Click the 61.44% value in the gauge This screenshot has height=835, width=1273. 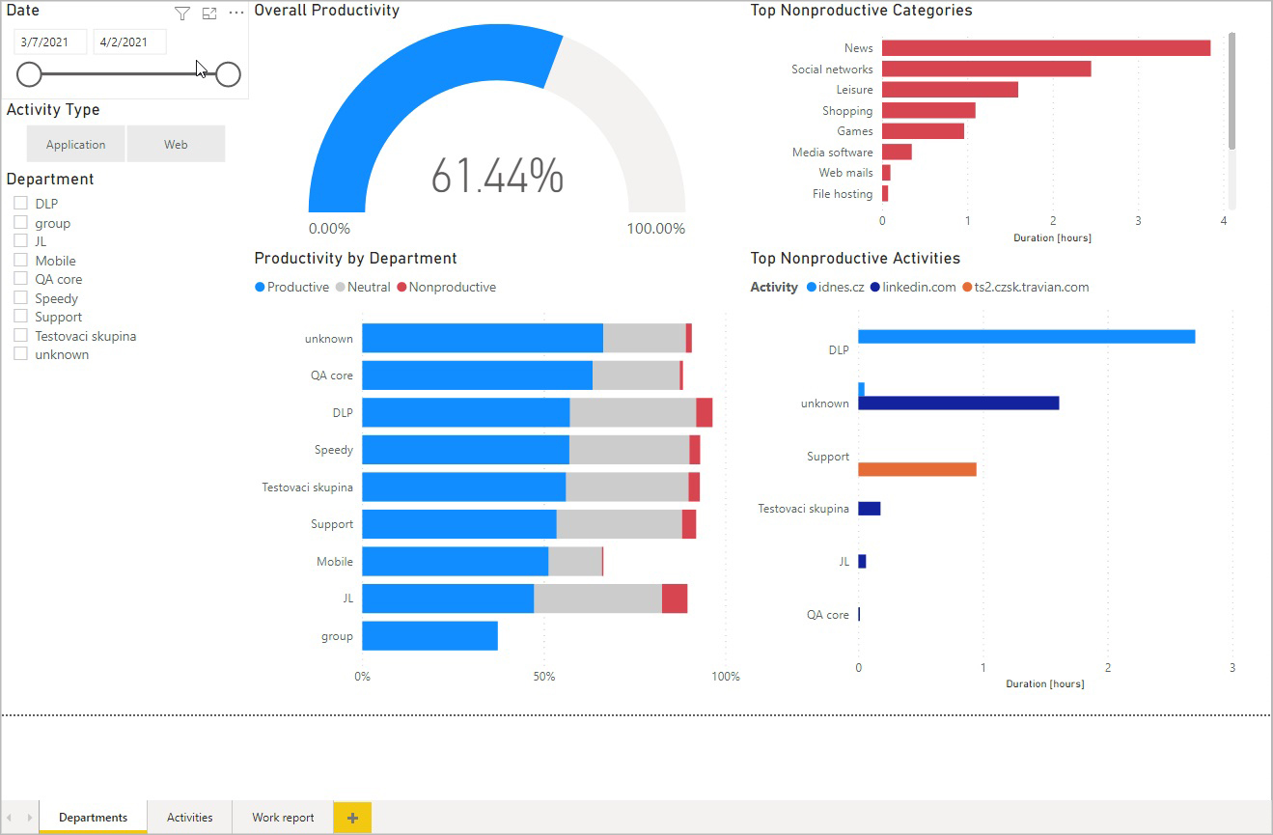point(496,176)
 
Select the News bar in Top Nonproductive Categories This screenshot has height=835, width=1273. point(1045,48)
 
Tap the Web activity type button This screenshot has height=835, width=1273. point(176,144)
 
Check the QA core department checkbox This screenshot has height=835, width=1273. point(20,279)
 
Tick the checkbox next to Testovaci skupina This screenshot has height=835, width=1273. point(20,336)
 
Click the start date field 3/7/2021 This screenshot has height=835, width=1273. point(50,42)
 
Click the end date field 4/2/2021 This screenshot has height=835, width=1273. point(129,42)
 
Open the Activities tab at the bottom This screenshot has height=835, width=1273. point(189,817)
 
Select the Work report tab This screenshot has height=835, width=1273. point(283,817)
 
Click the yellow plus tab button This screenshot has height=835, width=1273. point(352,817)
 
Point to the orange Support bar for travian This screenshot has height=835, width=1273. point(917,469)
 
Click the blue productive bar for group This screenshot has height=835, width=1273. point(429,636)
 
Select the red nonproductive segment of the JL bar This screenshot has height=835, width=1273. point(675,598)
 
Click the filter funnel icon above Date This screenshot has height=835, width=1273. point(182,14)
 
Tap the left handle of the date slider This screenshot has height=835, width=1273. point(29,74)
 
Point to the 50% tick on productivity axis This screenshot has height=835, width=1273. point(544,676)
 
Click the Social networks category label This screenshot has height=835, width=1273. point(831,70)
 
